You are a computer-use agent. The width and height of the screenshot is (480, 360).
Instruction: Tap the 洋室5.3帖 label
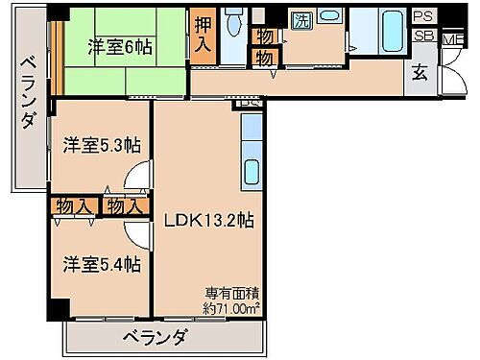tap(103, 145)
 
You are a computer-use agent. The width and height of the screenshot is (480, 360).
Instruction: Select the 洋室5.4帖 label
tap(103, 263)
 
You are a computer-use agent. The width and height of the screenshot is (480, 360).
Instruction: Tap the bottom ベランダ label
tap(155, 337)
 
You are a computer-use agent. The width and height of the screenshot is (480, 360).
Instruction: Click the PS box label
tap(423, 16)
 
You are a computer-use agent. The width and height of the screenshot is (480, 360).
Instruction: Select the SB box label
tap(423, 36)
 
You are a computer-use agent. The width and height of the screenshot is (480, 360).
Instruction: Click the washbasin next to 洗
tap(329, 19)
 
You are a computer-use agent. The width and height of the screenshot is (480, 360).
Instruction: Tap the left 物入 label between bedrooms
tap(75, 205)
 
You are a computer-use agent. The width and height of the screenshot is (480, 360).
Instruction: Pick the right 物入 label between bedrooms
tap(125, 205)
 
